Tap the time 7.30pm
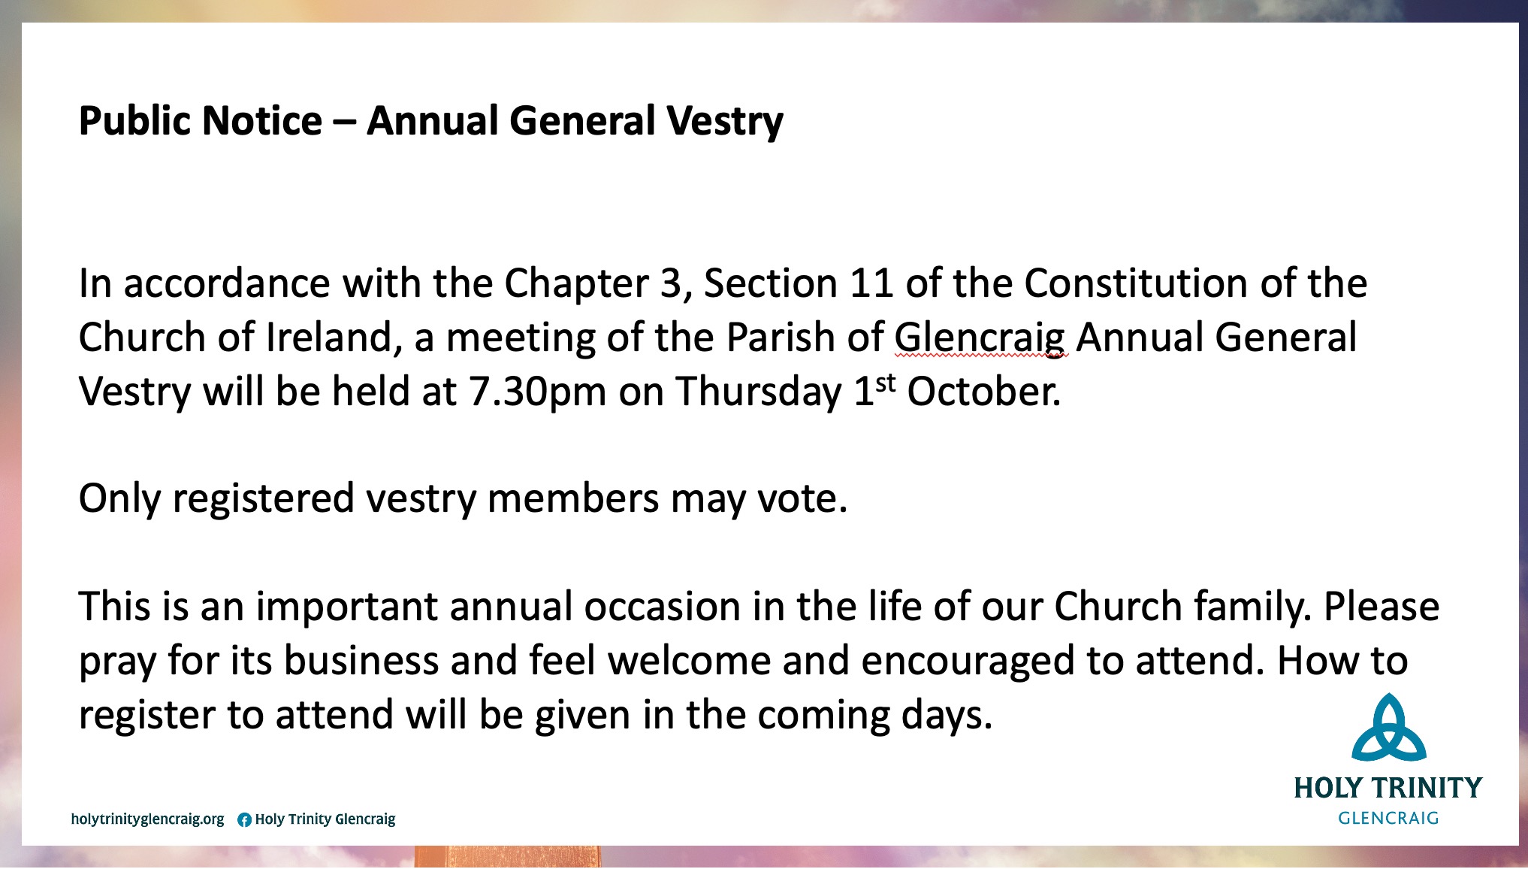tap(538, 392)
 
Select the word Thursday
tap(759, 392)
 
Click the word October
tap(984, 392)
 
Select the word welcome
tap(690, 661)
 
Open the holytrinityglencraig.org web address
tap(147, 819)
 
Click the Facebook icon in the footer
tap(244, 820)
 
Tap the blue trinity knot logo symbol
tap(1389, 727)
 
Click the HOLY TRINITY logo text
tap(1388, 788)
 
